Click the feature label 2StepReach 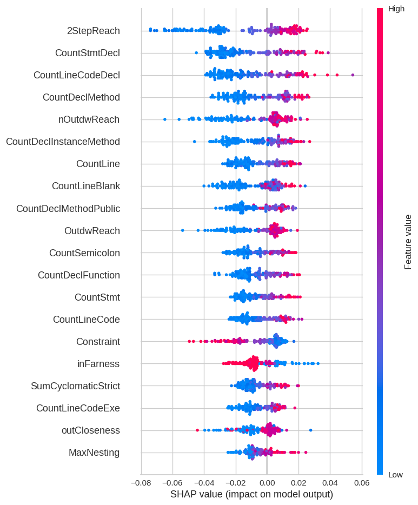93,31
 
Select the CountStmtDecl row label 87,53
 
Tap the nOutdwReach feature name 89,119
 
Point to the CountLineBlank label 85,186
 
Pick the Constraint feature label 98,342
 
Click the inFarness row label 98,364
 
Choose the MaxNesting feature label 94,453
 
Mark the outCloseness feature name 90,430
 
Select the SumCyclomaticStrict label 75,386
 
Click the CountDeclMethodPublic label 68,209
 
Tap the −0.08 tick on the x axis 141,482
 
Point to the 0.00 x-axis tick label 267,482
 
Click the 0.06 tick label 361,482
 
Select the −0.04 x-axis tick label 204,482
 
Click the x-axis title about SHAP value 251,494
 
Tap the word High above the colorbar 396,9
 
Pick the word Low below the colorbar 395,475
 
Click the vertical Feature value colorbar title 408,242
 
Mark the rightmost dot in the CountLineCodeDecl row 353,75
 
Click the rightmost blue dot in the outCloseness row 310,430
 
